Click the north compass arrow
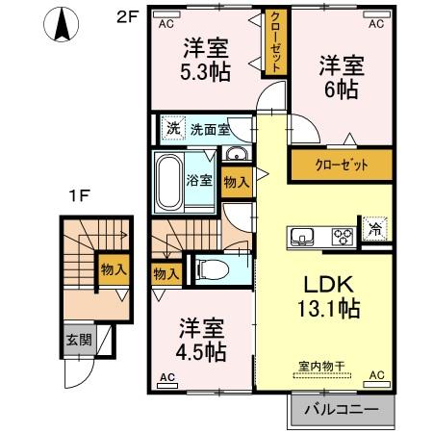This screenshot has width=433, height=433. click(62, 25)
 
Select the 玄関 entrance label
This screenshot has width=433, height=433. click(78, 339)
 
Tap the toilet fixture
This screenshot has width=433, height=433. click(214, 270)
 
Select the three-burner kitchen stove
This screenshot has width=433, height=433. click(344, 235)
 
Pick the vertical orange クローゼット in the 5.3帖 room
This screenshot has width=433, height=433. click(274, 42)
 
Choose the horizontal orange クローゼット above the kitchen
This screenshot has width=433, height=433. click(342, 165)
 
